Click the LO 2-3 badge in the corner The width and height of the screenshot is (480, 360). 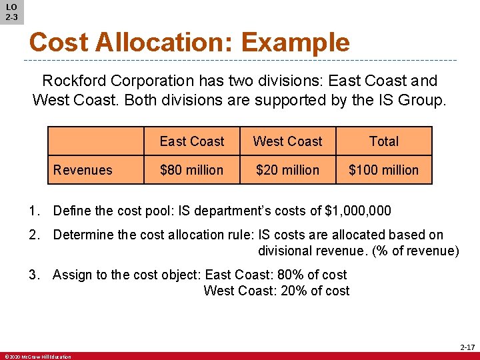(x=11, y=11)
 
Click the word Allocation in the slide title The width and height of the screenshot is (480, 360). (x=164, y=42)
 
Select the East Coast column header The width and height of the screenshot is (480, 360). (x=192, y=141)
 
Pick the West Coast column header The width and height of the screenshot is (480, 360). (x=287, y=141)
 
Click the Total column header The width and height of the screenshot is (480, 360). (x=384, y=141)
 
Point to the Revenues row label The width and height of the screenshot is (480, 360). (x=83, y=170)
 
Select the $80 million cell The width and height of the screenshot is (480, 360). (x=192, y=170)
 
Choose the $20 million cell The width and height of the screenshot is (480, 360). (x=287, y=170)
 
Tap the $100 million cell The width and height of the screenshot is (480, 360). (x=384, y=170)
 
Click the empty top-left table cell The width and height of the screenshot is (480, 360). (x=96, y=141)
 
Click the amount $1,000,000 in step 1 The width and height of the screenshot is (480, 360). (x=357, y=211)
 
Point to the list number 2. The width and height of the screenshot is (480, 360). (x=33, y=235)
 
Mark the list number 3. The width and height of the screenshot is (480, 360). (x=33, y=275)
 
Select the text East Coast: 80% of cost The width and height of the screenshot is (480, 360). (x=276, y=275)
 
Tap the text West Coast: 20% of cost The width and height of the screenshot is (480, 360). (x=276, y=291)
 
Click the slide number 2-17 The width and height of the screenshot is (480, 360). (x=467, y=347)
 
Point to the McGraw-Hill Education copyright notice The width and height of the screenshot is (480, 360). (x=37, y=357)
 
